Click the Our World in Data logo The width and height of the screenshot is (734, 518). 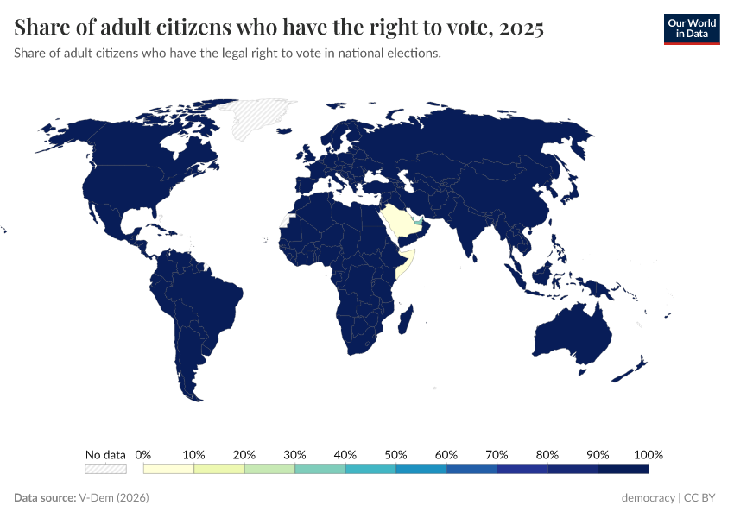691,28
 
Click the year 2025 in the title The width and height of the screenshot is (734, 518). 520,28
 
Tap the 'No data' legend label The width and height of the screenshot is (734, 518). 105,454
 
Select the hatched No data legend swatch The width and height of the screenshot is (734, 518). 105,469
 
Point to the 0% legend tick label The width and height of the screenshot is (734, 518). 144,454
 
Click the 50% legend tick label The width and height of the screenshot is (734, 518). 395,454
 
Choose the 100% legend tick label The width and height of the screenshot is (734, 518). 648,454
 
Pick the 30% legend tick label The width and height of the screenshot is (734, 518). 294,454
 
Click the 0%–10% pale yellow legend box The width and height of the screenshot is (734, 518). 169,469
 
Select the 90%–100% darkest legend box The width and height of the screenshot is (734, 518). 623,469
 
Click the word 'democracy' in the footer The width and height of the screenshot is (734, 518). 649,498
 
